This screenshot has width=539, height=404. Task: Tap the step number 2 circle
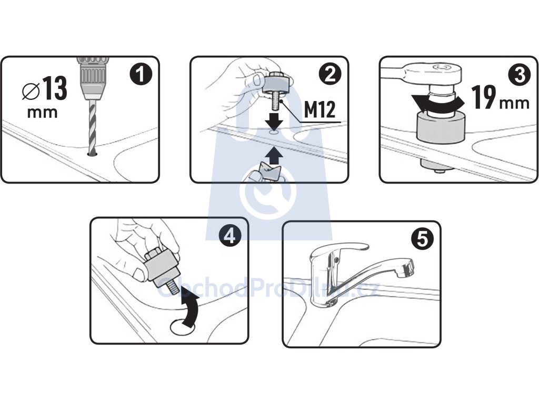[x=330, y=74]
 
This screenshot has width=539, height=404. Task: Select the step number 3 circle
[x=520, y=75]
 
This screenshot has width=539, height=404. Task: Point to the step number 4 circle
[x=230, y=236]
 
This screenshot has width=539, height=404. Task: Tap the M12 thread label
[x=320, y=110]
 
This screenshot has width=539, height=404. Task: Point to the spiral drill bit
[x=92, y=127]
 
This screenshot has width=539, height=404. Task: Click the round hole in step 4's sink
[x=183, y=327]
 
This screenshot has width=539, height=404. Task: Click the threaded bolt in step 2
[x=275, y=102]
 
